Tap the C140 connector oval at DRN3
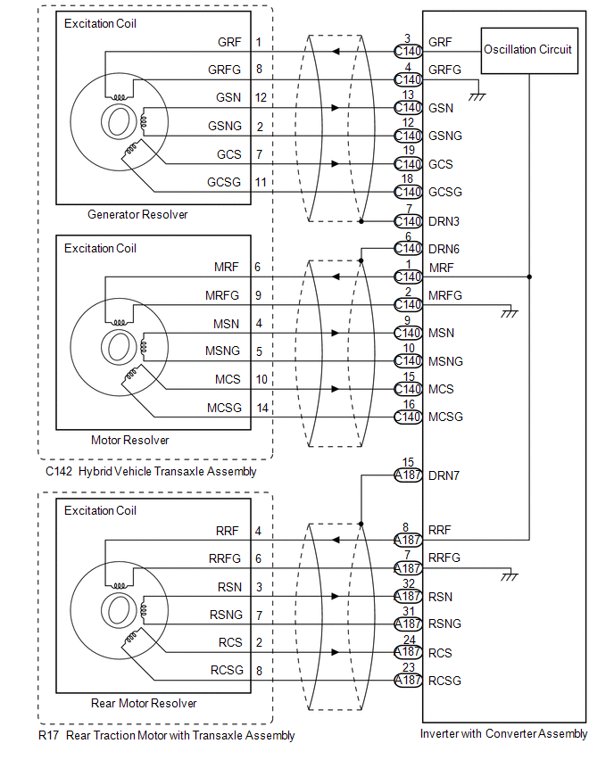tap(408, 221)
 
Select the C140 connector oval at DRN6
tap(408, 249)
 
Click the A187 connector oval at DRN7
tap(408, 475)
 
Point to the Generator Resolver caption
tap(137, 214)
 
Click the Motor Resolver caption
tap(130, 440)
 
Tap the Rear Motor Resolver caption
tap(144, 703)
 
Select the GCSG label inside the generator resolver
tap(224, 182)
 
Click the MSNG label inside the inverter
tap(445, 361)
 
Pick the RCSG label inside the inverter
tap(444, 681)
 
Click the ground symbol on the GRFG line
tap(477, 96)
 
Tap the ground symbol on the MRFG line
tap(510, 313)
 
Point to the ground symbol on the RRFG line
tap(510, 576)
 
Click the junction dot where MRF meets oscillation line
tap(529, 277)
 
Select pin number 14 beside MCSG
tap(262, 409)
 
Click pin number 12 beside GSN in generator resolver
tap(261, 97)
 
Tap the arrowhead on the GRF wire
tap(336, 52)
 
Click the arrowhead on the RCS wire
tap(336, 652)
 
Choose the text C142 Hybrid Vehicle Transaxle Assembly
tap(151, 472)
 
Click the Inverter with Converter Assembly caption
tap(503, 734)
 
